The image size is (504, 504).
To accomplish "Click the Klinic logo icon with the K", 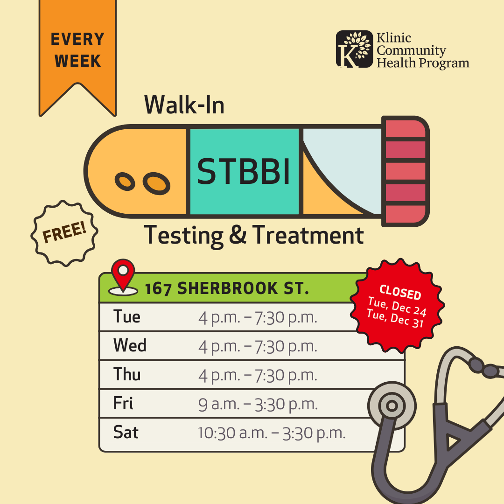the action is pyautogui.click(x=354, y=49).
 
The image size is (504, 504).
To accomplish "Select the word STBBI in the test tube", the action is pyautogui.click(x=244, y=172).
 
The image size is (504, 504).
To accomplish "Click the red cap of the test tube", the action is pyautogui.click(x=406, y=171).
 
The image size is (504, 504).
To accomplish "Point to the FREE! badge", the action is pyautogui.click(x=64, y=233).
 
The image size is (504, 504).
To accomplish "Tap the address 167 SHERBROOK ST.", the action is pyautogui.click(x=227, y=288).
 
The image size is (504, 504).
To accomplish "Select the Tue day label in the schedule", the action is pyautogui.click(x=126, y=316).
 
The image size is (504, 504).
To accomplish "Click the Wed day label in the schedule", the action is pyautogui.click(x=130, y=345).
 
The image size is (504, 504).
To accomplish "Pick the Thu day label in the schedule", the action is pyautogui.click(x=127, y=374).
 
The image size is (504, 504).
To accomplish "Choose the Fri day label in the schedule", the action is pyautogui.click(x=123, y=403).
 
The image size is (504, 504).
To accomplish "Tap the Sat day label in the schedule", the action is pyautogui.click(x=126, y=432).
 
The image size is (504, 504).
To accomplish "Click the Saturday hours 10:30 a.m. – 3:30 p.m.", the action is pyautogui.click(x=272, y=433).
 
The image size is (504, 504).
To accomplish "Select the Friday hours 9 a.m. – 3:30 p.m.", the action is pyautogui.click(x=258, y=404).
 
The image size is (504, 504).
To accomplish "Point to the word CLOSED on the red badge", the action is pyautogui.click(x=400, y=292).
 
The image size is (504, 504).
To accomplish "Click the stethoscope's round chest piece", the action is pyautogui.click(x=392, y=406).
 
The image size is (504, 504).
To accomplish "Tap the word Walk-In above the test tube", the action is pyautogui.click(x=184, y=105).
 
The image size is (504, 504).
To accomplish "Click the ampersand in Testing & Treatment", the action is pyautogui.click(x=238, y=234).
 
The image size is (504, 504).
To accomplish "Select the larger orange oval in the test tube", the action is pyautogui.click(x=156, y=183).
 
